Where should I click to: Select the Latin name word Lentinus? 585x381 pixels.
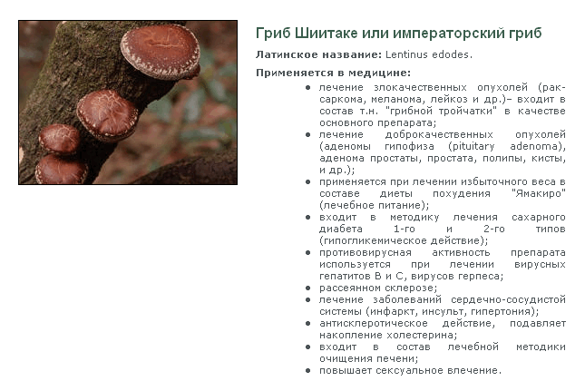(406, 54)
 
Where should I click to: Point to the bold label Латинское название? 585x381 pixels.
(318, 54)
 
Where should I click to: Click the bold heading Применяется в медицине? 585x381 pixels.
(333, 73)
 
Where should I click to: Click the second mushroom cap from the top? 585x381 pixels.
(107, 115)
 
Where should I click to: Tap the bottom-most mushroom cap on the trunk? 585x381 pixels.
(62, 170)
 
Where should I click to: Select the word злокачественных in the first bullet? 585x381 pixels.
(420, 87)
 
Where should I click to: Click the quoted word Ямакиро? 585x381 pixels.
(539, 193)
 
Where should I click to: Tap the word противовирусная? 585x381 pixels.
(366, 252)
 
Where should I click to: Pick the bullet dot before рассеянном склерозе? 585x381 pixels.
(307, 288)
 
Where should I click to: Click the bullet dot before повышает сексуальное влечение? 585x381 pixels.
(307, 370)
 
